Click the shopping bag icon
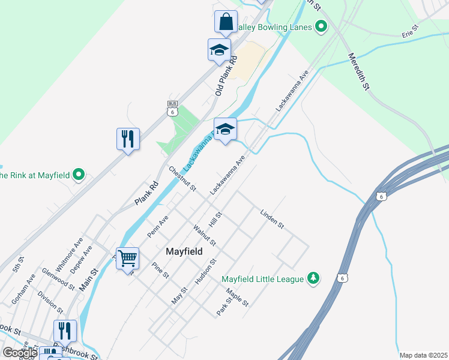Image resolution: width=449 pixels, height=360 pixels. (226, 22)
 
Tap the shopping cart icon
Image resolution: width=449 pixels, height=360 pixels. (127, 258)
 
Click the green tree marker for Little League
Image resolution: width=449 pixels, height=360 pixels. (313, 278)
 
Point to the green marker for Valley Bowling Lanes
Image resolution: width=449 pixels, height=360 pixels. (321, 27)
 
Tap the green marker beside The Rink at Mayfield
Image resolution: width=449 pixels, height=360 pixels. (79, 175)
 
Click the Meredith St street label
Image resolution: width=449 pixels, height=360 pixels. (358, 71)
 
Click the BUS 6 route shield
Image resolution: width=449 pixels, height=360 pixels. (173, 108)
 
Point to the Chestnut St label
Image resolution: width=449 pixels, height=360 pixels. (182, 179)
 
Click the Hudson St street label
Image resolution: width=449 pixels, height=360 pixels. (205, 272)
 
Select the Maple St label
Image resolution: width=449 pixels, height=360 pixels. (237, 298)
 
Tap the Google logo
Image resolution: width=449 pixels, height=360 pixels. (19, 353)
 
